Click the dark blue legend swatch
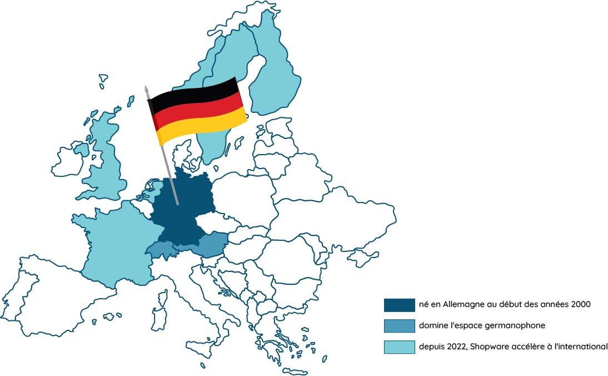(x=399, y=305)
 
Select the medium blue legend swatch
(x=399, y=325)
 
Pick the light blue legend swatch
(x=399, y=347)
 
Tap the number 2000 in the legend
(x=578, y=304)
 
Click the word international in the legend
(x=580, y=347)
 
